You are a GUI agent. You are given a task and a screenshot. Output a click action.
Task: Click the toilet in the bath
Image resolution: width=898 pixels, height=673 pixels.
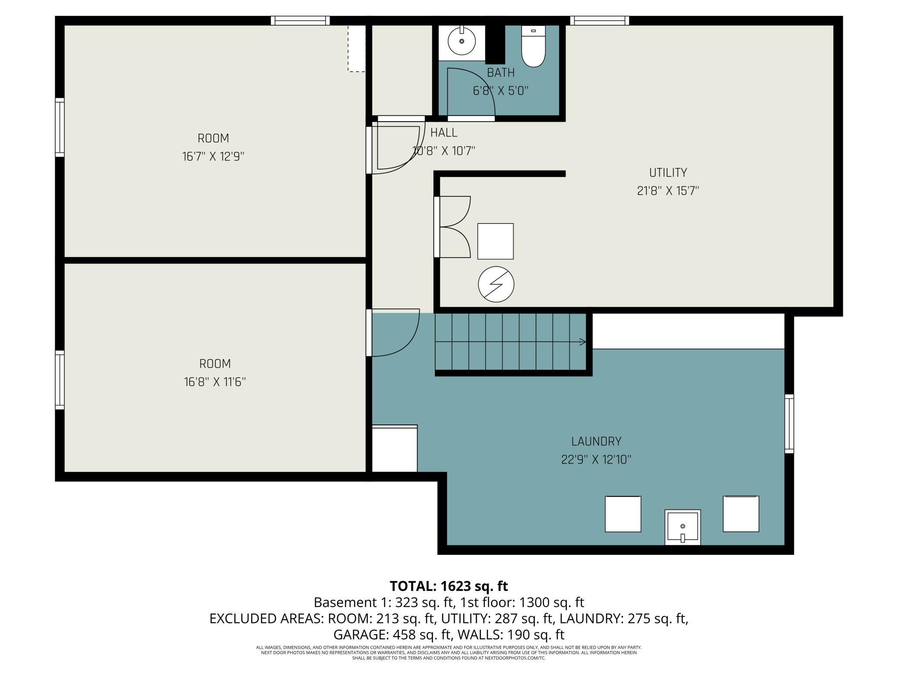coord(534,46)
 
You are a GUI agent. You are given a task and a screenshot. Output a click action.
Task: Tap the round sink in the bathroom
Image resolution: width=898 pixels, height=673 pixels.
coord(462,41)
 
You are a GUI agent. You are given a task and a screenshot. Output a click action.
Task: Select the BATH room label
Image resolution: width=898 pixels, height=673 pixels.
coord(501,73)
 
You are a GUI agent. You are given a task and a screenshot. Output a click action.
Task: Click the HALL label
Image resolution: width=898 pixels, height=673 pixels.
coord(444,132)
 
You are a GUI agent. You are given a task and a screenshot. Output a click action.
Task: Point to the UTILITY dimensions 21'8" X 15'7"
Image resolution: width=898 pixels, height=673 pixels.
coord(668,191)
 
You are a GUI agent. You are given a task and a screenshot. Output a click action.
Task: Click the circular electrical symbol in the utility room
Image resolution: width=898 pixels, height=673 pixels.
coord(496,284)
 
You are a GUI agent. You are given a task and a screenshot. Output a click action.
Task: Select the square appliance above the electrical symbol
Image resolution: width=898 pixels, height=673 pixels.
coord(495,241)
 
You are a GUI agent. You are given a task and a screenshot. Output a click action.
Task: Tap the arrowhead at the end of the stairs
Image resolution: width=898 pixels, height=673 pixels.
coord(583,342)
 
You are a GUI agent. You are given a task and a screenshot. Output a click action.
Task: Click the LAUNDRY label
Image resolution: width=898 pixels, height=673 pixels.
coord(596,441)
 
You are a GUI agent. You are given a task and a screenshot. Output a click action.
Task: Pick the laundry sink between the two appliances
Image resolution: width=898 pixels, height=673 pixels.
coord(683,527)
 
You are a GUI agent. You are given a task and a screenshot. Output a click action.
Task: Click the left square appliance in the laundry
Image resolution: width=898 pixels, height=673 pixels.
coord(623,514)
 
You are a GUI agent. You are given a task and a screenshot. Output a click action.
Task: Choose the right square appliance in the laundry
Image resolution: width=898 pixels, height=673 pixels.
coord(741,514)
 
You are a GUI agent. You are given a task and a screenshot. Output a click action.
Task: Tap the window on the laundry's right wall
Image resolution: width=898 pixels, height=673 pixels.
coord(789,424)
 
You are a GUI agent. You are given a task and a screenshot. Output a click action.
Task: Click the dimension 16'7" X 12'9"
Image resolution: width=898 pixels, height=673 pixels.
coord(213,156)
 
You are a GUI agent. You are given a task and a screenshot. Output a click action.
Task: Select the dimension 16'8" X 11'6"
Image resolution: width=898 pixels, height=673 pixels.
coord(215,382)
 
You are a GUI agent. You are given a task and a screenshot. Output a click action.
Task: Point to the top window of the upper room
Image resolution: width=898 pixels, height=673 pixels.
coord(300,21)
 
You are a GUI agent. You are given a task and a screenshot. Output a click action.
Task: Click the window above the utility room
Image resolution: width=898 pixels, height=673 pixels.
coord(599,21)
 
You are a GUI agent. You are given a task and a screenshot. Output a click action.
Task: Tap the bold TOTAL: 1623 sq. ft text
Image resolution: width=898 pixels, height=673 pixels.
coord(449,586)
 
